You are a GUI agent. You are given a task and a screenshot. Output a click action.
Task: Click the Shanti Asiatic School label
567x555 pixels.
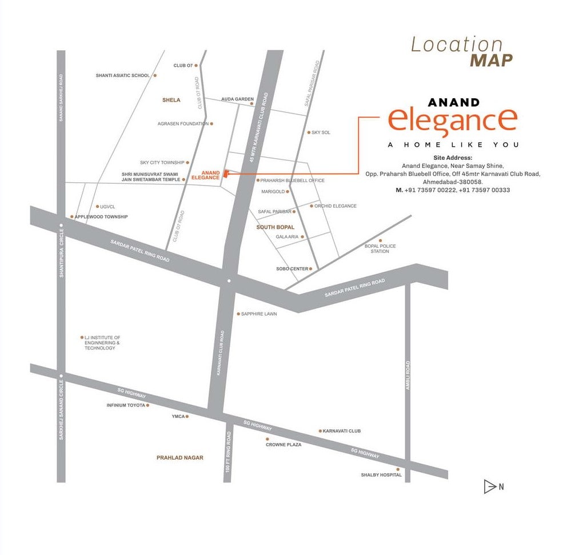coord(122,75)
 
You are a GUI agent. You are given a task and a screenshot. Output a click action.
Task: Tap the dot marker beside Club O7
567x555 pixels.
coord(196,66)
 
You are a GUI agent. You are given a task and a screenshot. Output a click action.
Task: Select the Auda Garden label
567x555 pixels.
coord(237,99)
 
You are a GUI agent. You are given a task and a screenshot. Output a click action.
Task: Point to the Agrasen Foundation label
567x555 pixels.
coord(183,123)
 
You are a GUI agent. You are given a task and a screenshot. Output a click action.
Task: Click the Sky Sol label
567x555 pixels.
coord(321,132)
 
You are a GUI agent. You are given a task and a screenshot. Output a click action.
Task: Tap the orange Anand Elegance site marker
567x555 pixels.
coord(225,174)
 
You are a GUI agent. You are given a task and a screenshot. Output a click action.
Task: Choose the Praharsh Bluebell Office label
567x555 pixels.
coord(292,180)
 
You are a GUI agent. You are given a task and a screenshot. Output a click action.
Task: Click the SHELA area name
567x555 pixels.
coord(171,100)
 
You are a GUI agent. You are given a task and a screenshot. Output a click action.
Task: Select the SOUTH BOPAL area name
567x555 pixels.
coord(275,227)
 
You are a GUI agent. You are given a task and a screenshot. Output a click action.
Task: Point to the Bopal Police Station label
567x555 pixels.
coord(380,248)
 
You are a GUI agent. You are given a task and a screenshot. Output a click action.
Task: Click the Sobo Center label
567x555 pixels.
coord(292,268)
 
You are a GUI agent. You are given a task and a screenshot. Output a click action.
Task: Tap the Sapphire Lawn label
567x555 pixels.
coord(259,314)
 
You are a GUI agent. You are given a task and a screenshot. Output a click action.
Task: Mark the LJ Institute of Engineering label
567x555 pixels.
coord(102,343)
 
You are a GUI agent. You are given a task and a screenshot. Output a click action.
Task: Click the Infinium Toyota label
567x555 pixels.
coord(127,405)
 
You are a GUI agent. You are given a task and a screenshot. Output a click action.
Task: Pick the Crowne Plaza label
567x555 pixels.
coord(283,444)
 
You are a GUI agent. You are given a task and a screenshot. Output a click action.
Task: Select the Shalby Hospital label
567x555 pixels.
coord(381,474)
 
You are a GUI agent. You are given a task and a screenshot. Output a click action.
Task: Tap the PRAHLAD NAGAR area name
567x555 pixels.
coord(179,457)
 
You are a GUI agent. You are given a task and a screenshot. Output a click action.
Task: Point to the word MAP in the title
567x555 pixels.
coord(491,60)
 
